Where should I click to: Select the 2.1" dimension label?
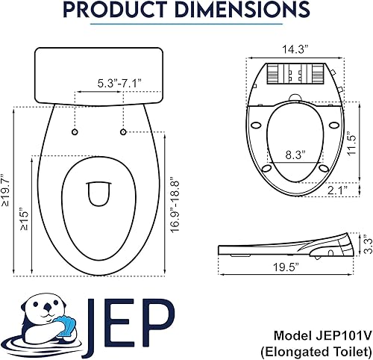(x=337, y=190)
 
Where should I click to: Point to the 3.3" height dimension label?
(x=365, y=243)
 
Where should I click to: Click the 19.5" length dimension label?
(x=285, y=267)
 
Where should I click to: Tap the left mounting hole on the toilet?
(x=75, y=132)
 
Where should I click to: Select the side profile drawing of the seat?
(x=287, y=246)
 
